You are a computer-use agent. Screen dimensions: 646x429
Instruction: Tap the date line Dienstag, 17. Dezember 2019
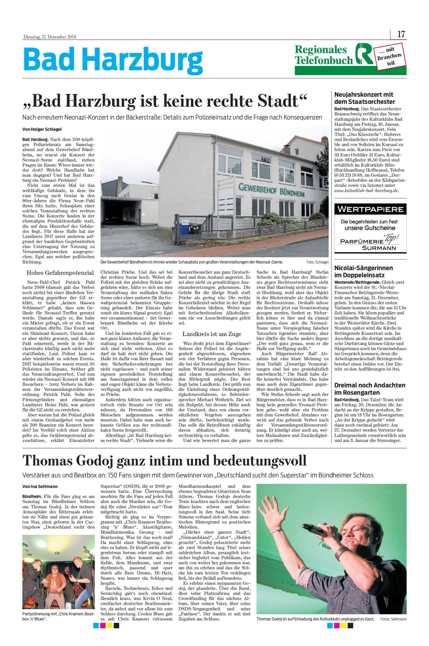coord(49,37)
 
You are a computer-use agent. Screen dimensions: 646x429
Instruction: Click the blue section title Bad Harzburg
coord(112,58)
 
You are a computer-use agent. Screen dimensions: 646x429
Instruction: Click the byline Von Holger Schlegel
coord(40,129)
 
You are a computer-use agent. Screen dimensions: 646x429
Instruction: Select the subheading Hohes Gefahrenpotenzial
coord(60,273)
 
